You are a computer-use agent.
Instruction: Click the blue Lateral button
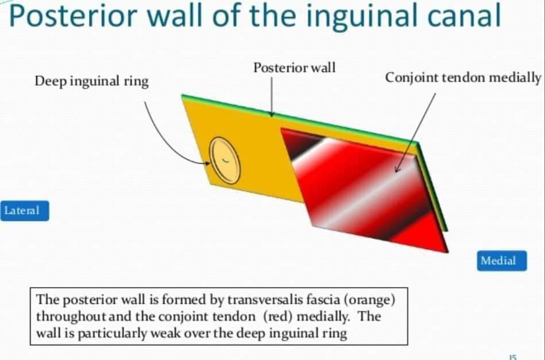25,211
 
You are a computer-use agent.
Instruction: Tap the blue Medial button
497,261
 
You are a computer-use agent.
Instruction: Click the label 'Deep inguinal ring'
91,82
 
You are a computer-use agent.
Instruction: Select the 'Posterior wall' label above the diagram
294,68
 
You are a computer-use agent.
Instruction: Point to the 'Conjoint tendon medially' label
462,78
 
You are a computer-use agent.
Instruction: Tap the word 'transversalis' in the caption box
262,300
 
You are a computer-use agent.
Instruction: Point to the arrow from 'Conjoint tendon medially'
415,129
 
